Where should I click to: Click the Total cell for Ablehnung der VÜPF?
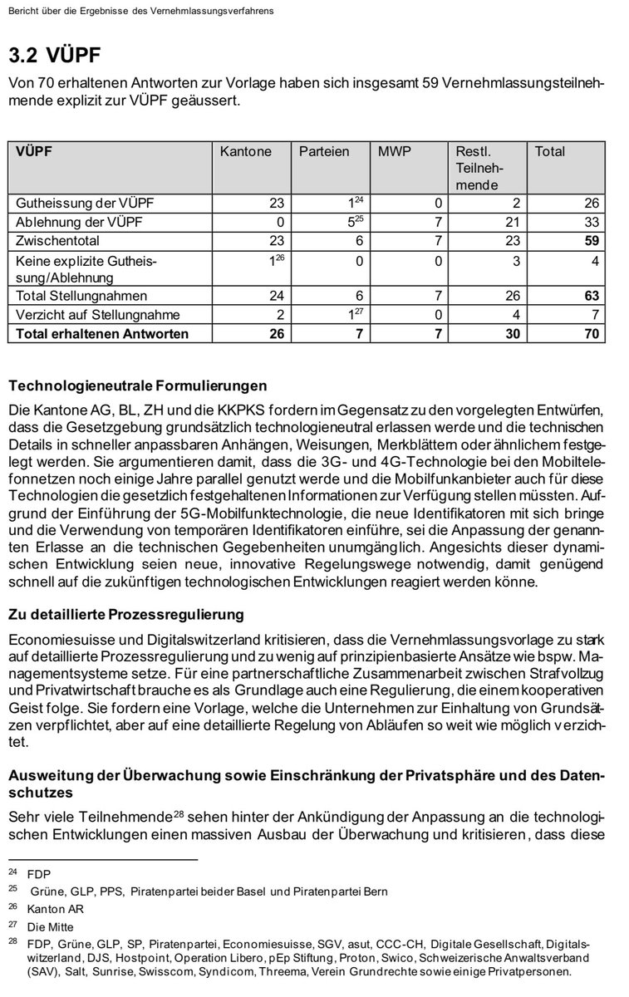(x=590, y=222)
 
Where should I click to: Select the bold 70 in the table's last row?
(x=590, y=334)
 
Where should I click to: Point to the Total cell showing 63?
(x=590, y=296)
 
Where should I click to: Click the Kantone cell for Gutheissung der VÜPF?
(x=276, y=203)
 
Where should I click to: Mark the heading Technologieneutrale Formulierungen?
(x=137, y=386)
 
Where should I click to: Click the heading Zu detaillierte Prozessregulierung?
(x=125, y=615)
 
